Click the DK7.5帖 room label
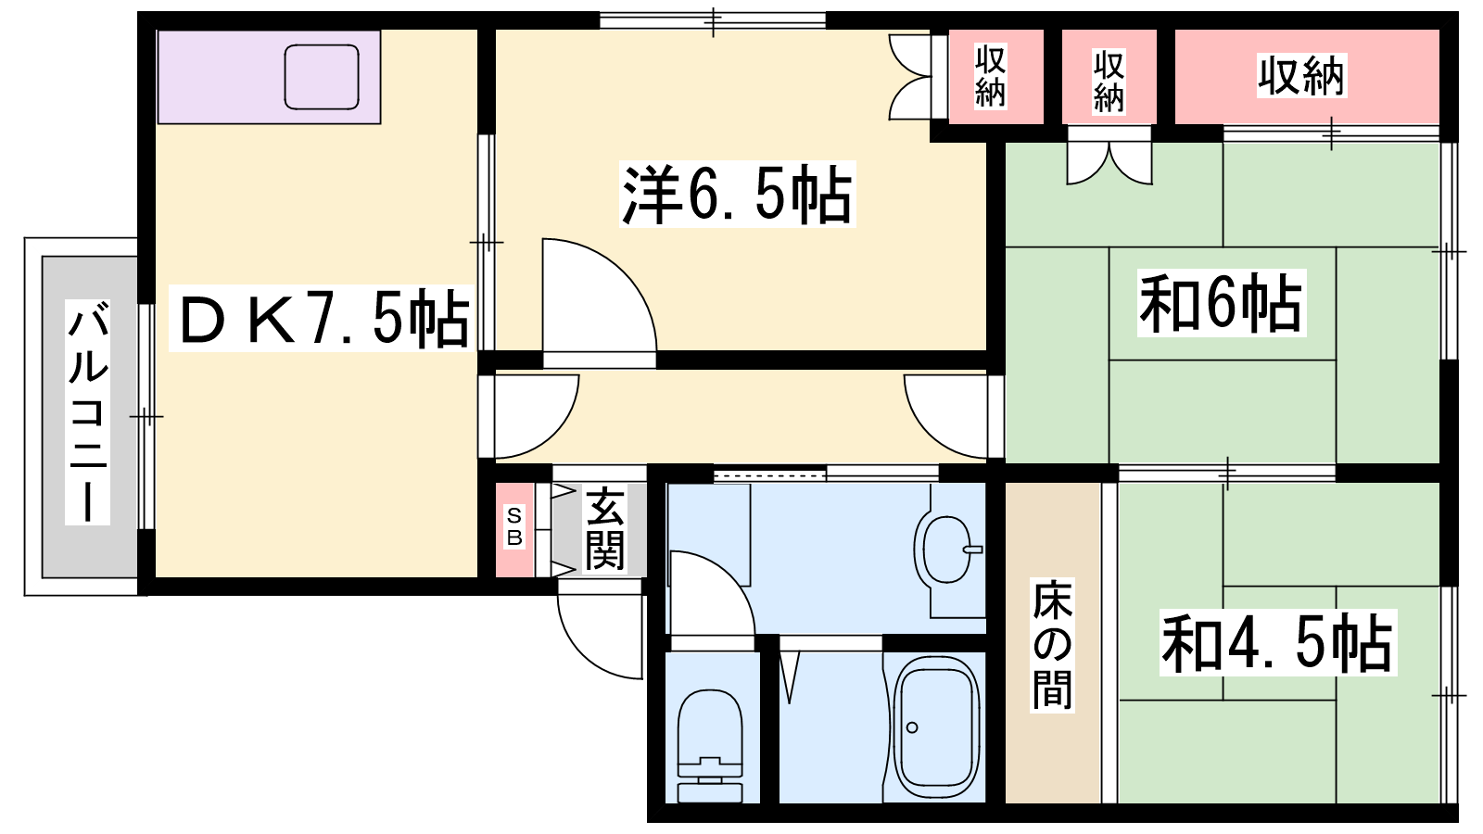tap(324, 318)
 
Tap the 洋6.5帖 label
tap(737, 194)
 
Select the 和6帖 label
tap(1222, 302)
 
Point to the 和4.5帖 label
tap(1278, 642)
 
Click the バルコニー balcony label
tap(87, 411)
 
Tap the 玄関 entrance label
tap(604, 529)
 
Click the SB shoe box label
tap(514, 527)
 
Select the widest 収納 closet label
tap(1301, 75)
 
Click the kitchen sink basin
tap(322, 77)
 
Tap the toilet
tap(710, 746)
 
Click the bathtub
tap(936, 727)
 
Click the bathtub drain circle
tap(912, 727)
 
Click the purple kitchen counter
tap(269, 77)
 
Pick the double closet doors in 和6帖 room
tap(1109, 156)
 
